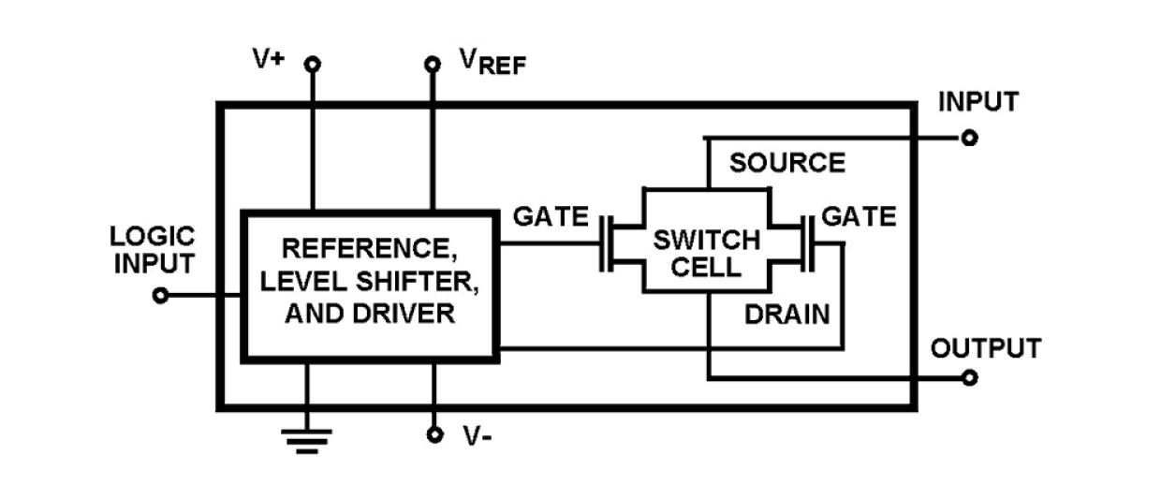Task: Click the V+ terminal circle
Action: [313, 65]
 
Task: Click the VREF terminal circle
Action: [433, 65]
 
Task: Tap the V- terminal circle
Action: [433, 435]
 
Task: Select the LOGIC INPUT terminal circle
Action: [161, 296]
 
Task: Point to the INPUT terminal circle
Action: [970, 139]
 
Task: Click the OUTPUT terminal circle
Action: [970, 378]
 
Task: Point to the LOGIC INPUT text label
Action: [154, 250]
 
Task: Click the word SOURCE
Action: [787, 164]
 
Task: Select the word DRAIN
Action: [786, 315]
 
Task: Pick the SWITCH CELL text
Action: [707, 253]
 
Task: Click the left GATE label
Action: [551, 217]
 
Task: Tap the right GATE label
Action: [858, 217]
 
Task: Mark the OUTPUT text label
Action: [985, 349]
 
